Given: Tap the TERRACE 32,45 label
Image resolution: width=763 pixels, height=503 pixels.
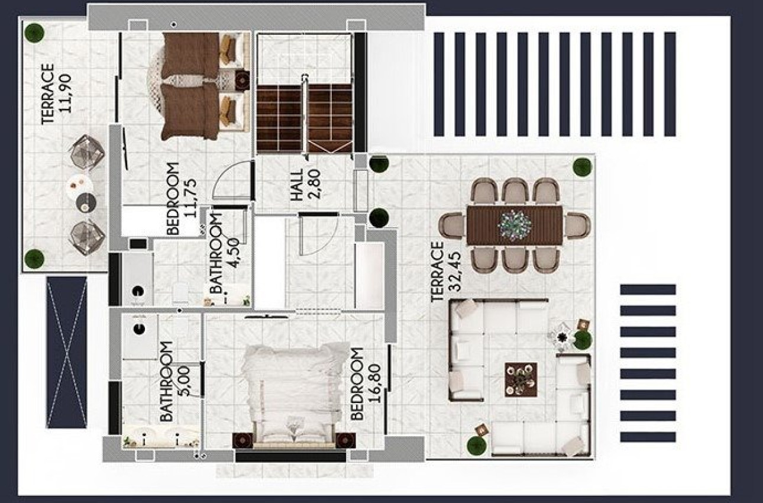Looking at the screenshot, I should pyautogui.click(x=446, y=272).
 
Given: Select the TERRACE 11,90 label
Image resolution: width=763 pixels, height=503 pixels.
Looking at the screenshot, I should pyautogui.click(x=57, y=94).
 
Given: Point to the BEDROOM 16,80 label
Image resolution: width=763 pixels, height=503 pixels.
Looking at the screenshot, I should pyautogui.click(x=365, y=383).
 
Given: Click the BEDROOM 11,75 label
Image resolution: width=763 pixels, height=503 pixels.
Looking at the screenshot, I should pyautogui.click(x=180, y=199).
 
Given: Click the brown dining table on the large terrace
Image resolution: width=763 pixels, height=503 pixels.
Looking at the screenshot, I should pyautogui.click(x=514, y=224).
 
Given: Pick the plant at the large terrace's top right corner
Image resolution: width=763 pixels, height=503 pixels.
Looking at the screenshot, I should pyautogui.click(x=581, y=166).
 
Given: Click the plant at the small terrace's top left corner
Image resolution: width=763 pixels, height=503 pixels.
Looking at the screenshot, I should pyautogui.click(x=35, y=32).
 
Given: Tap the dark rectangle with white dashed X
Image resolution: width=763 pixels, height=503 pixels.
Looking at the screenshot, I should pyautogui.click(x=67, y=352).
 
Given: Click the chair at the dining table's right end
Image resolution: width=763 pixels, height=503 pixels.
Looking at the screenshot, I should pyautogui.click(x=577, y=225).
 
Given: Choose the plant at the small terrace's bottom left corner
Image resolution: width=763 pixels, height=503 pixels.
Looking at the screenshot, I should pyautogui.click(x=34, y=258).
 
